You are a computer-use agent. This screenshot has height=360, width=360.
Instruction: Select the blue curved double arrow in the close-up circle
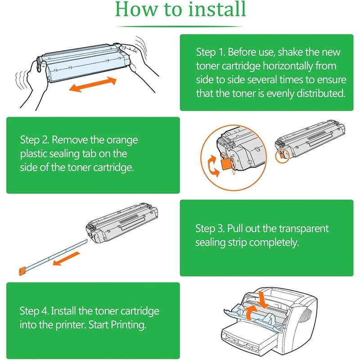(x=211, y=166)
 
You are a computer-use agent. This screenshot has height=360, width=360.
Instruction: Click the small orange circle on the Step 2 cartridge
(x=282, y=156)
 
